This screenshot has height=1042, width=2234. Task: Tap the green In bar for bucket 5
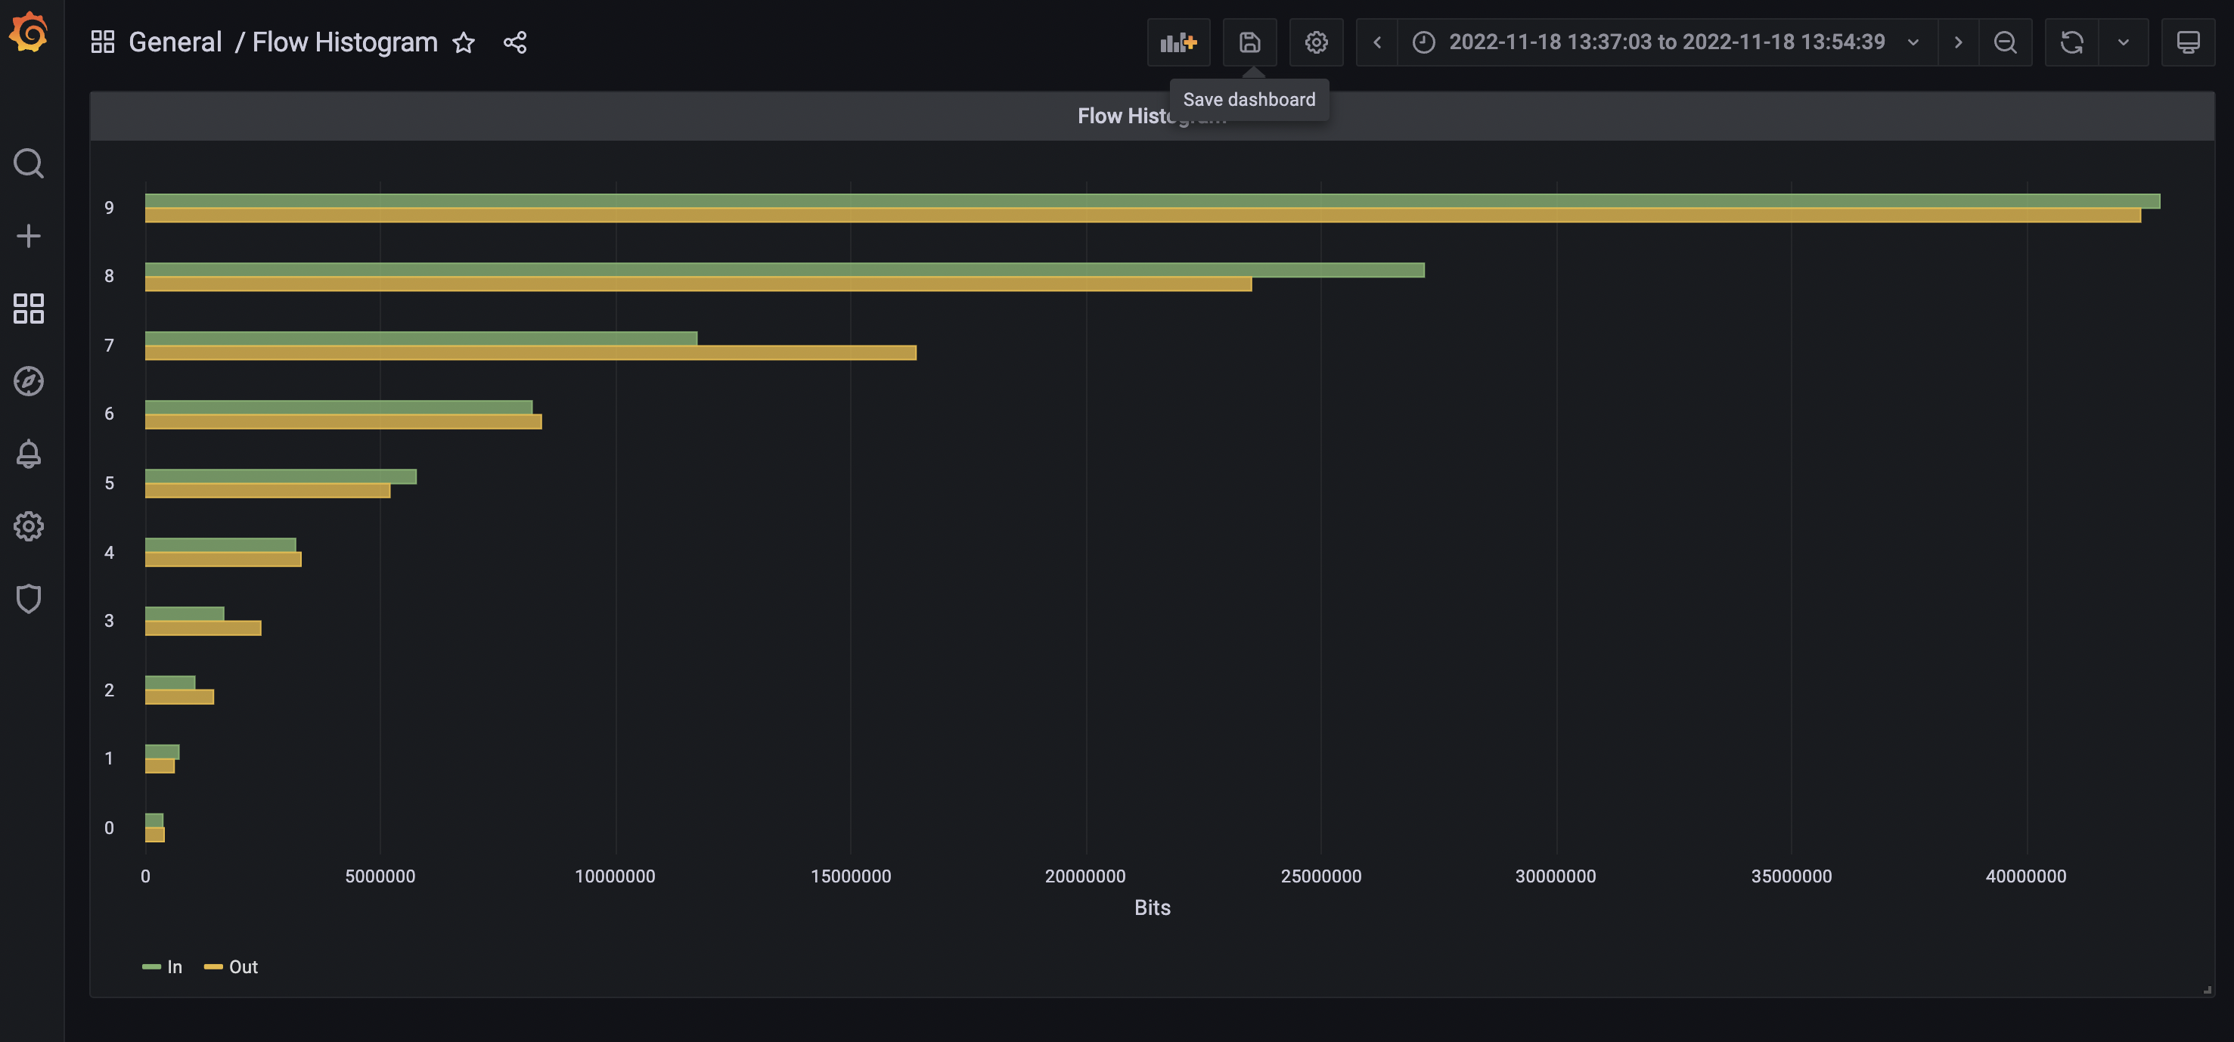pyautogui.click(x=280, y=476)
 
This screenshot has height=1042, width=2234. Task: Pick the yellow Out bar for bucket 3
pyautogui.click(x=202, y=628)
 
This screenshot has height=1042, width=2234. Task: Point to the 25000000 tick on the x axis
pyautogui.click(x=1320, y=876)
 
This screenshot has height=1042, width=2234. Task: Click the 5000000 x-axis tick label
pyautogui.click(x=380, y=876)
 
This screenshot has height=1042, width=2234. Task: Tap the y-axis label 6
pyautogui.click(x=109, y=414)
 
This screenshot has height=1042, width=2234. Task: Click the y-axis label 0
pyautogui.click(x=109, y=828)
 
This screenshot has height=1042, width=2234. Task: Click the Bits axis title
pyautogui.click(x=1152, y=907)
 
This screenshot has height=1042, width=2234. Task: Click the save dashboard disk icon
pyautogui.click(x=1249, y=42)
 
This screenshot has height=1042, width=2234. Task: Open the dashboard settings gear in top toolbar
pyautogui.click(x=1316, y=42)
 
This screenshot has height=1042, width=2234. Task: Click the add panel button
pyautogui.click(x=1178, y=42)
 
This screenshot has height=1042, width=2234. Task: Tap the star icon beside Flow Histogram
pyautogui.click(x=463, y=42)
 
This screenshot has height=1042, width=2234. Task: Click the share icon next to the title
pyautogui.click(x=515, y=42)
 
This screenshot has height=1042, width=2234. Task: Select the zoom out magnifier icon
pyautogui.click(x=2004, y=42)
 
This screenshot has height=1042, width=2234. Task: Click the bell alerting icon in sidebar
pyautogui.click(x=29, y=454)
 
